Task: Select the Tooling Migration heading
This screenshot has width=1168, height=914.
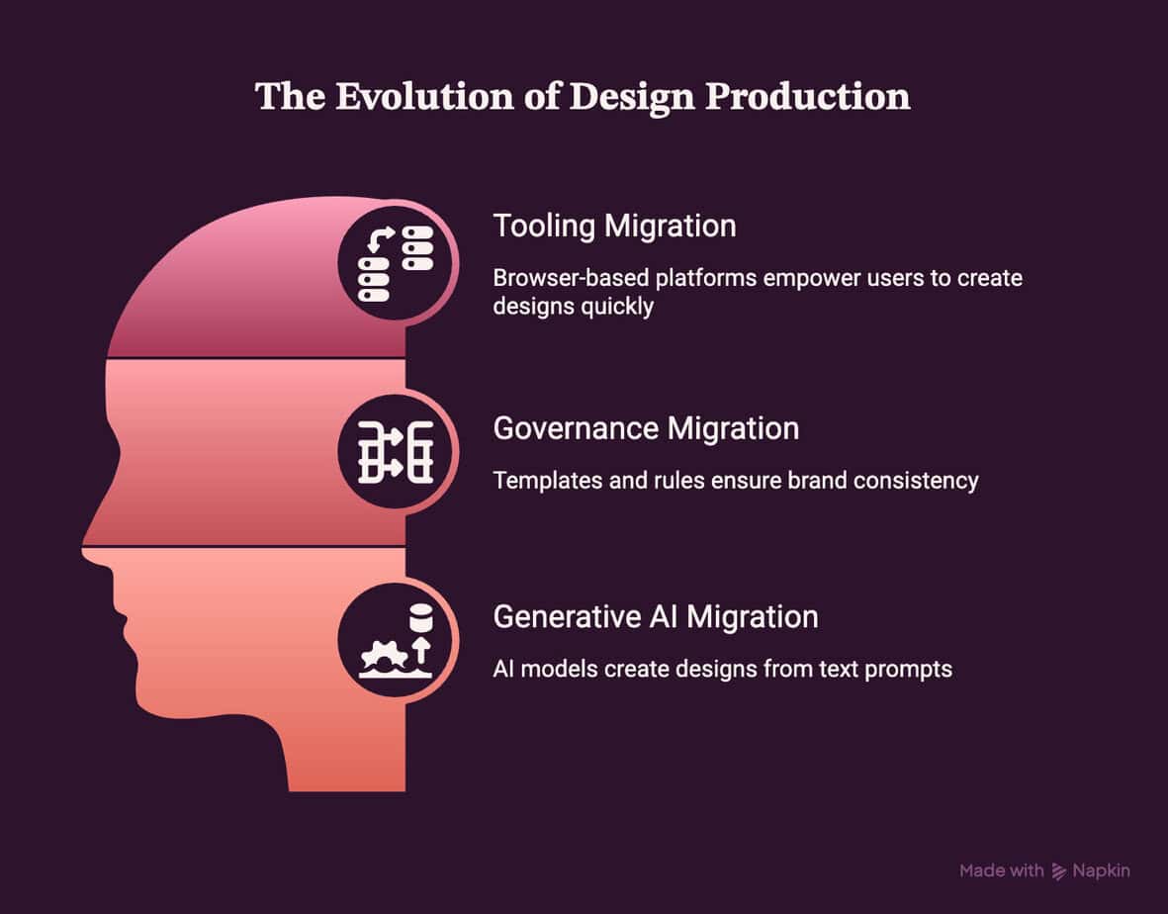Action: (x=614, y=226)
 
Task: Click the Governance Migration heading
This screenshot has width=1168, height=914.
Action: (x=646, y=428)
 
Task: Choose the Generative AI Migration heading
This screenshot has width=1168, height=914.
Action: (x=656, y=617)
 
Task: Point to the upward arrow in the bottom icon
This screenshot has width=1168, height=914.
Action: (x=421, y=649)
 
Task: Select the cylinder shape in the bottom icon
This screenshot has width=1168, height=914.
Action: (x=421, y=618)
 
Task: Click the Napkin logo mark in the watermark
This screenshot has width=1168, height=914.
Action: (x=1058, y=870)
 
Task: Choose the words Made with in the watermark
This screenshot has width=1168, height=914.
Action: (x=1001, y=870)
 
